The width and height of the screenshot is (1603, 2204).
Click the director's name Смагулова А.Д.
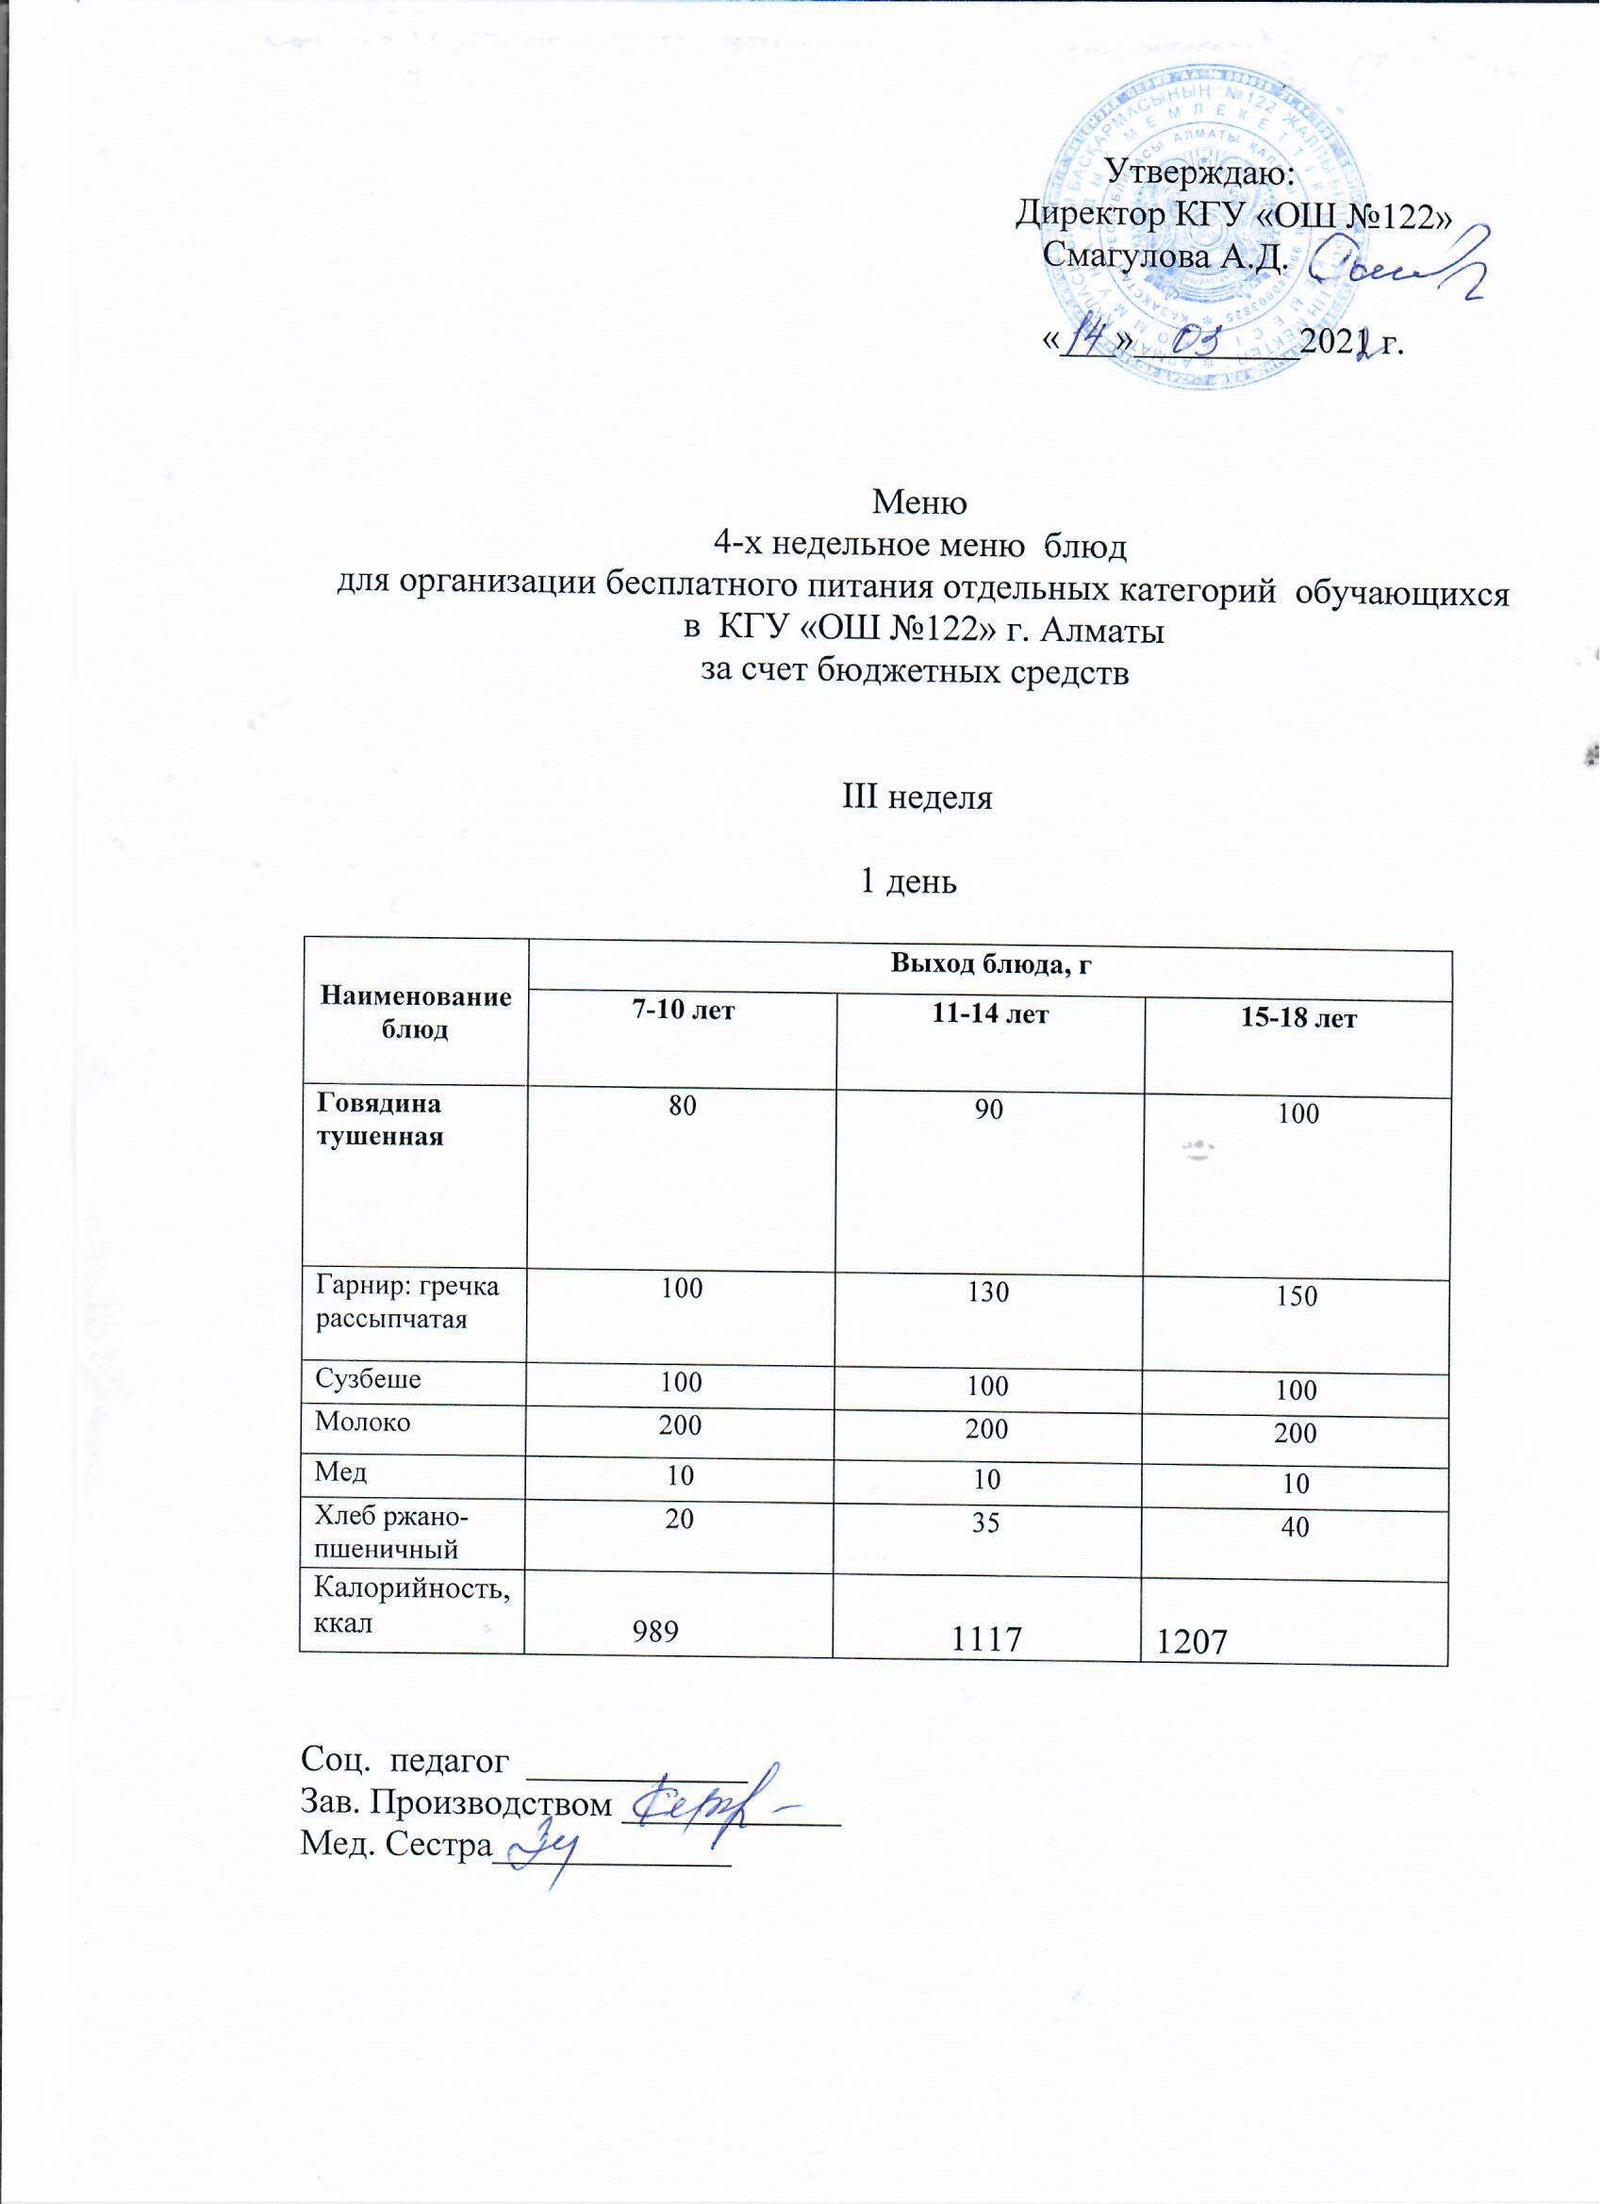click(x=1165, y=255)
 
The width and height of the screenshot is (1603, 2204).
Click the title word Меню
click(x=919, y=502)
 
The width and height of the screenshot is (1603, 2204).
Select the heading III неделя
click(x=917, y=798)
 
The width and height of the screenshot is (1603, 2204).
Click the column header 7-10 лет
click(x=683, y=1011)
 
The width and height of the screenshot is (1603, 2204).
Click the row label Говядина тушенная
click(x=379, y=1120)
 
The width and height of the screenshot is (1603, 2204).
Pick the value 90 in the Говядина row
click(x=988, y=1110)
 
